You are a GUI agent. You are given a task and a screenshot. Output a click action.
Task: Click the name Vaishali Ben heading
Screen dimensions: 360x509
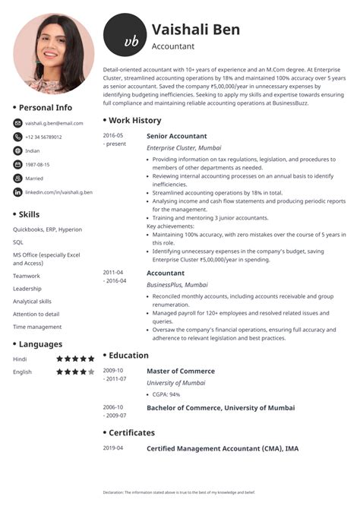point(195,30)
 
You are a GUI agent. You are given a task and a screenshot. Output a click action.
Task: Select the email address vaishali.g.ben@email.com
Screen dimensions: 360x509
point(54,123)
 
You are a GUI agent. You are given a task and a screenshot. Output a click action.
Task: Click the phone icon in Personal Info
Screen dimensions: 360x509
point(17,137)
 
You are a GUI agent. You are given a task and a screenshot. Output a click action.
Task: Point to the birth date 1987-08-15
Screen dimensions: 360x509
point(37,164)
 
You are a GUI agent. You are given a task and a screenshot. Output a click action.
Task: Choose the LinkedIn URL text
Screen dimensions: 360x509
point(58,192)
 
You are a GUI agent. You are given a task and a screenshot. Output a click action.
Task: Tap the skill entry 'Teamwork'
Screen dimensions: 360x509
point(27,276)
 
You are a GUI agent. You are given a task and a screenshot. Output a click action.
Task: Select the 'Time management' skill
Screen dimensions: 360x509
point(37,327)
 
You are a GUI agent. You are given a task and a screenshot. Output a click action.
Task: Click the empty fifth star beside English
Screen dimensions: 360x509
point(91,371)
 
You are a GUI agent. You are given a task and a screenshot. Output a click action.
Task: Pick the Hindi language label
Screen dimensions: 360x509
point(21,359)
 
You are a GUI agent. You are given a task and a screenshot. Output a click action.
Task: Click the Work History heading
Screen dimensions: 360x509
point(134,120)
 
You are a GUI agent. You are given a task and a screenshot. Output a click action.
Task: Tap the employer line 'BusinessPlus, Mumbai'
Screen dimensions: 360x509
point(176,284)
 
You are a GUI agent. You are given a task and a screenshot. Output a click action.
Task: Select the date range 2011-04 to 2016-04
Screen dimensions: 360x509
point(115,277)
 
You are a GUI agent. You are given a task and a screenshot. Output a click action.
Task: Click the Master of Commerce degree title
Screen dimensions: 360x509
point(180,371)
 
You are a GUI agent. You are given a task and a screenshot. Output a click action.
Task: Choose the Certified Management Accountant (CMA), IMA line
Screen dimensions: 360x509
point(222,449)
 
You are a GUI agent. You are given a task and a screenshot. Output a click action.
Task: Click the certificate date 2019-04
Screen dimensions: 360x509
point(113,448)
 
